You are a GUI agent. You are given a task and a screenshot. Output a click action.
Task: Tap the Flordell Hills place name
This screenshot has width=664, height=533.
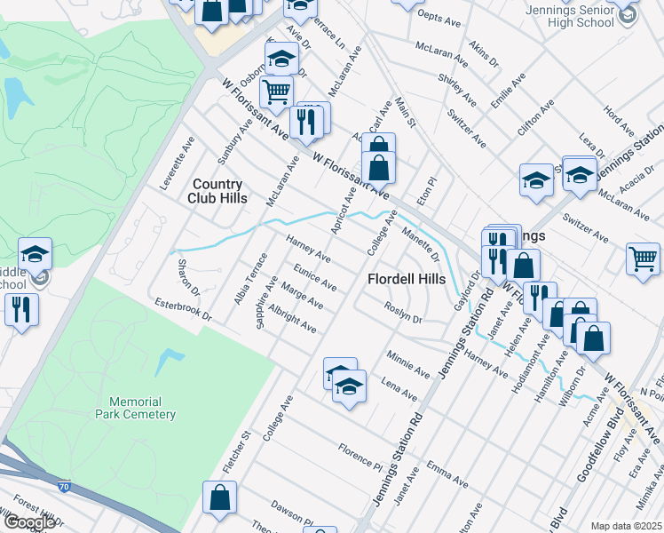(407, 279)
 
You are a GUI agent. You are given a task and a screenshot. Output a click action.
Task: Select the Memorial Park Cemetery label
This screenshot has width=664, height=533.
(136, 408)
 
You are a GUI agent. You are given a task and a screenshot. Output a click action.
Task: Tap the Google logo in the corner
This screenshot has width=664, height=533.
(28, 522)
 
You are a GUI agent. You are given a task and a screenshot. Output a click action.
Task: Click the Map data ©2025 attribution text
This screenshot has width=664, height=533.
(626, 526)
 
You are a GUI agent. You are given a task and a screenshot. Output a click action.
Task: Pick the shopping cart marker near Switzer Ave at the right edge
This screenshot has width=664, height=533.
(644, 258)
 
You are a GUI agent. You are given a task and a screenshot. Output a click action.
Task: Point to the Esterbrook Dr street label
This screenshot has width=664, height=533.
(181, 310)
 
